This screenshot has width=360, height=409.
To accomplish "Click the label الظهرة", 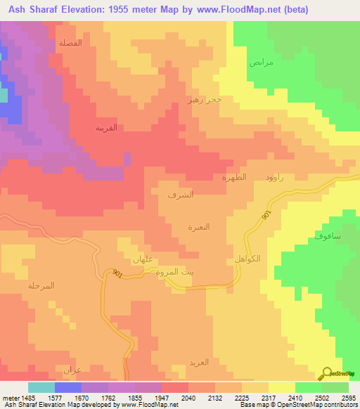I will pos(234,178).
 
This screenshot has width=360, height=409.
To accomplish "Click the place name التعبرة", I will pos(199,227).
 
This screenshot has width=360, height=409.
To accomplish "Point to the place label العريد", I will pos(198,363).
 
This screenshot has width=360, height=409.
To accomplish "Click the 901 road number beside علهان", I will pos(116,274).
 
